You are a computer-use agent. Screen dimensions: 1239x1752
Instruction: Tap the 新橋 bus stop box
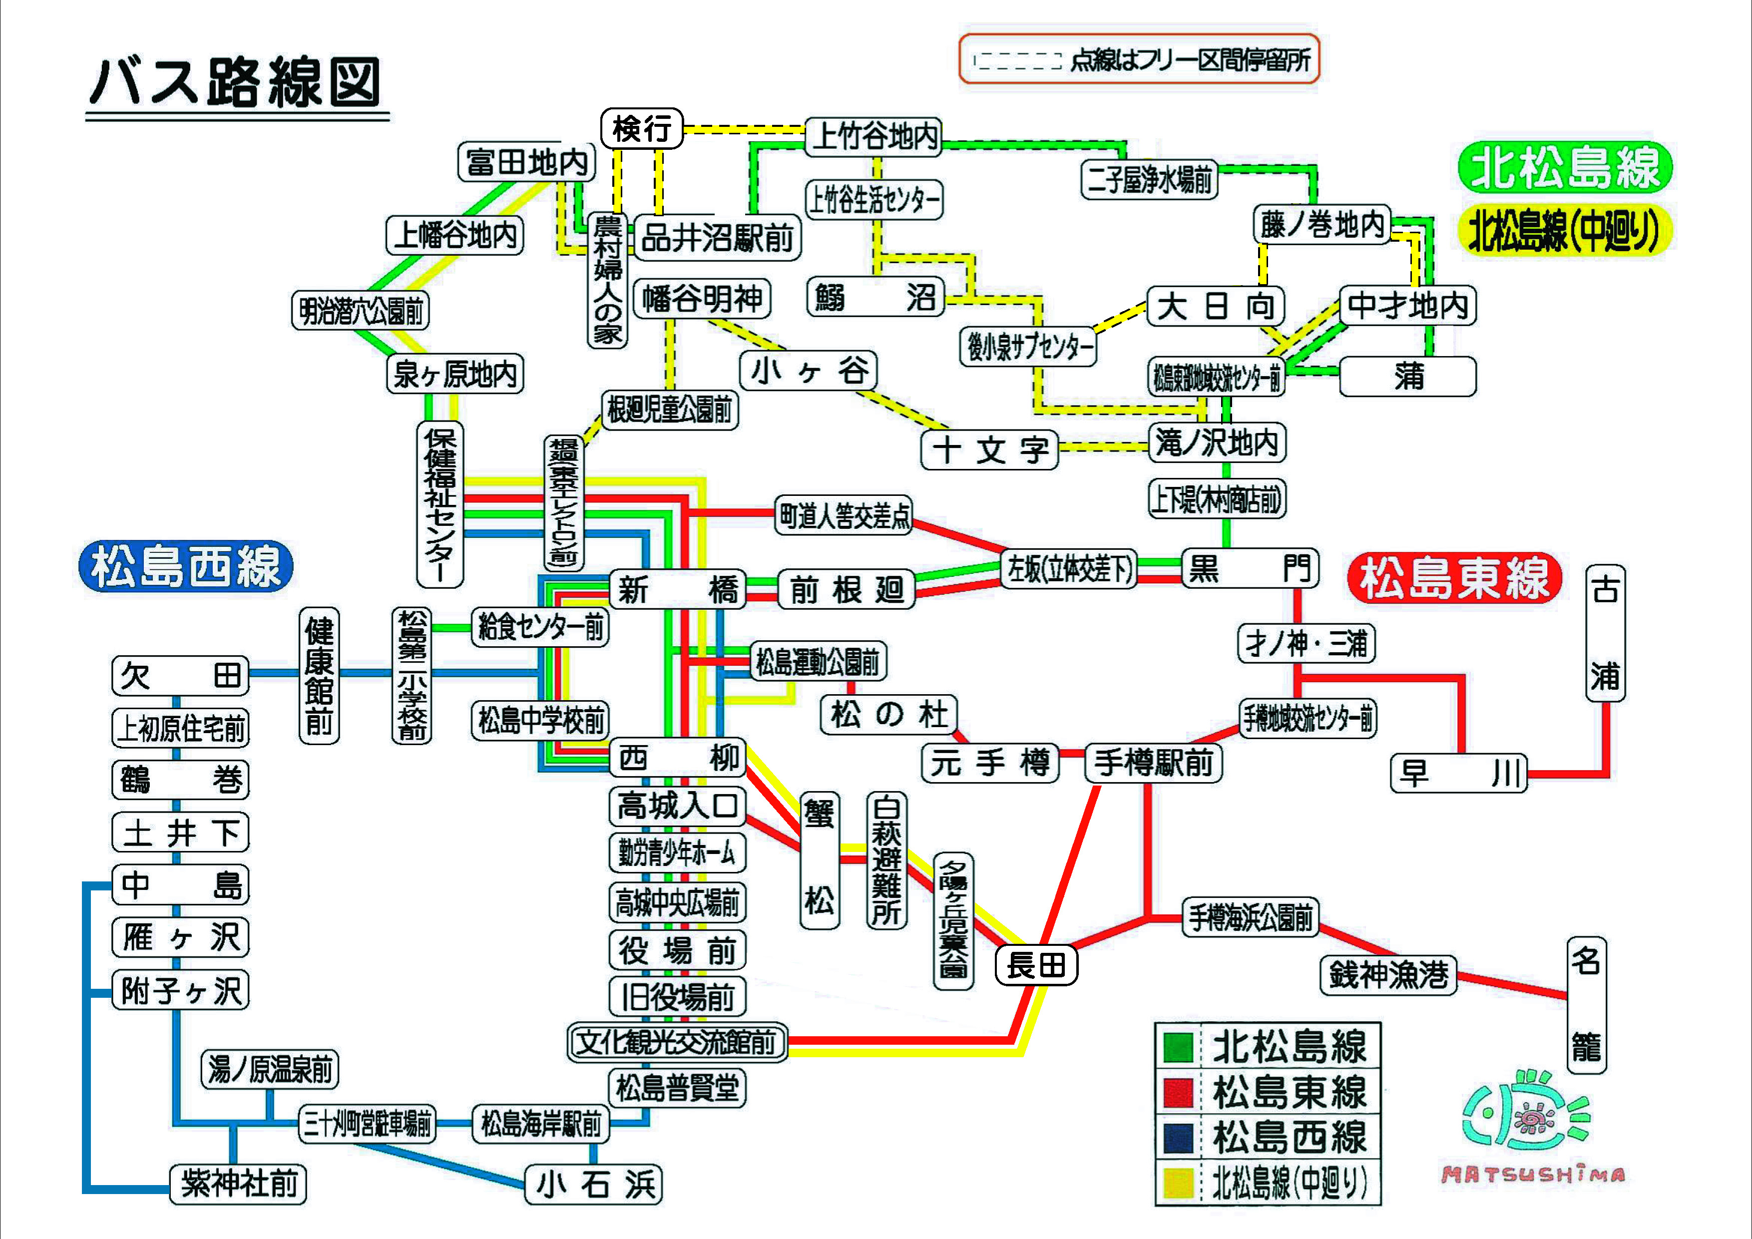[x=678, y=589]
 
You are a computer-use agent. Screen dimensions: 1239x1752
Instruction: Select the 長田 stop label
[x=1036, y=966]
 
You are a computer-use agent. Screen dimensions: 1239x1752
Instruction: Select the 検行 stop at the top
[x=642, y=128]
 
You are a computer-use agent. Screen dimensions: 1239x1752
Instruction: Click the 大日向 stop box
[x=1216, y=307]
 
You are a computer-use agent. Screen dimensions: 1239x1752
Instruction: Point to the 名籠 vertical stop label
[x=1586, y=1005]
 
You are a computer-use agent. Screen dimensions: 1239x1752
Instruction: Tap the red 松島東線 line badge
[x=1454, y=577]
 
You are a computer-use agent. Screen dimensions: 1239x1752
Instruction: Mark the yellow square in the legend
[x=1178, y=1183]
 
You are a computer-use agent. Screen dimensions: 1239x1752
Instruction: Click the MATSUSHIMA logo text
[x=1532, y=1175]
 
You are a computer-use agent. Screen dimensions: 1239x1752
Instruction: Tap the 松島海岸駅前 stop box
[x=540, y=1124]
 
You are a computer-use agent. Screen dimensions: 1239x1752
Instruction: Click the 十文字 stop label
[x=990, y=450]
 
